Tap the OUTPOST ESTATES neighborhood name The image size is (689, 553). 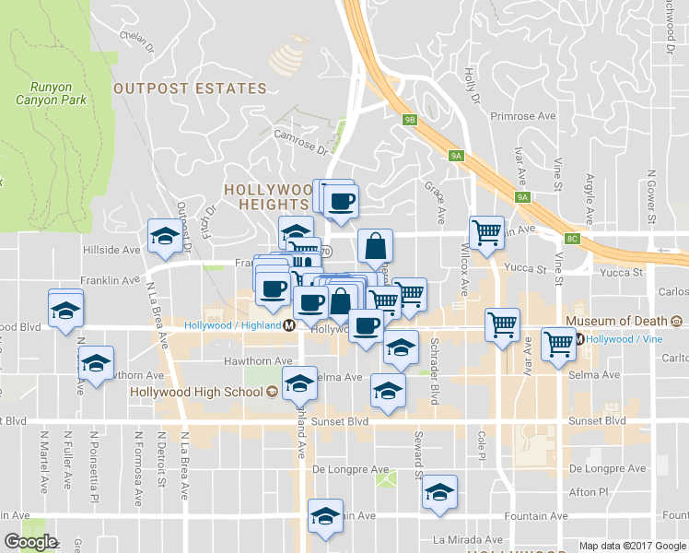point(190,89)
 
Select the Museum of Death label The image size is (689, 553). point(616,322)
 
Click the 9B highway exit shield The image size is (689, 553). point(411,119)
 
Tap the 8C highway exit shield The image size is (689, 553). point(573,239)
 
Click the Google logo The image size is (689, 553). point(30,542)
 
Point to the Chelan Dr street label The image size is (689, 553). point(141,36)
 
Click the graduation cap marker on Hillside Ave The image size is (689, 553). point(165,236)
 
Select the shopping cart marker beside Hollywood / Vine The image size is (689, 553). point(559,343)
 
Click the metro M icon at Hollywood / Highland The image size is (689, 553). point(289,325)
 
